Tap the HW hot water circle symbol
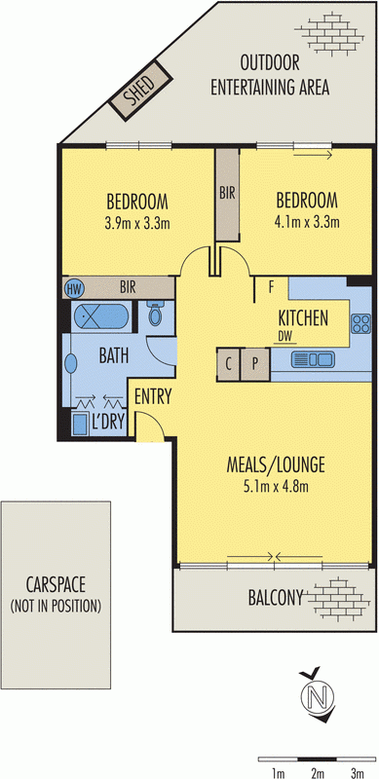point(73,288)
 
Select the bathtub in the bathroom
point(96,317)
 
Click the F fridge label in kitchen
point(270,287)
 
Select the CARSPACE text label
point(56,585)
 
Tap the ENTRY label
point(153,396)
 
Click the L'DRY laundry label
point(108,423)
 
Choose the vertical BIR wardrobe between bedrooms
point(226,194)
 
